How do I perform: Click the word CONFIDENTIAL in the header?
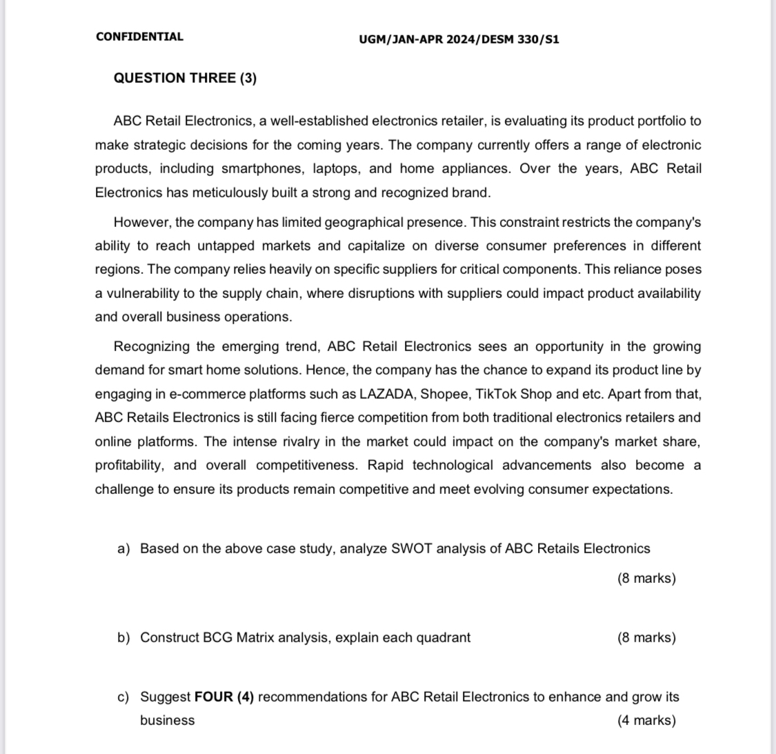point(139,37)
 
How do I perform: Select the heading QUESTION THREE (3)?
point(185,78)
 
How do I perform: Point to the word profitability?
point(130,465)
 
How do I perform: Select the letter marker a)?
point(123,548)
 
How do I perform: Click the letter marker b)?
point(123,637)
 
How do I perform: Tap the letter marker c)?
point(123,697)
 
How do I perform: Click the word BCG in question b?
point(218,637)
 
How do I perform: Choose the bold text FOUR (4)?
point(224,697)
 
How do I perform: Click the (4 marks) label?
point(646,720)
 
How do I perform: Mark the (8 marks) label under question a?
point(646,578)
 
